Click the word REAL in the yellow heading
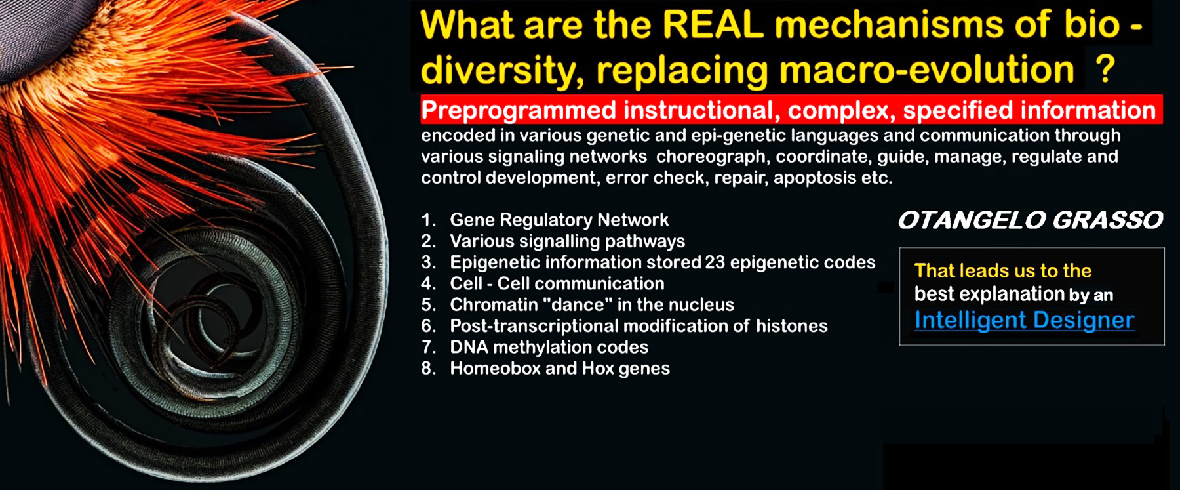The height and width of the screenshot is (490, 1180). click(x=713, y=25)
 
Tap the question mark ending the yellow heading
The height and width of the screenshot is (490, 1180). click(x=1105, y=68)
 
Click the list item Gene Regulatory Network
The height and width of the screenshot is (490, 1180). click(x=559, y=220)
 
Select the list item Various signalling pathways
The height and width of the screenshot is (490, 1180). click(x=567, y=242)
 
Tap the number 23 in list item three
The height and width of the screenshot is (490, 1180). click(x=715, y=262)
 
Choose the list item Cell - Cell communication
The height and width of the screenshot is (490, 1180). click(x=557, y=283)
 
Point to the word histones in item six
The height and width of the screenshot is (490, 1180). click(x=791, y=326)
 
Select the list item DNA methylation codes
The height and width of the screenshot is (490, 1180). click(x=549, y=347)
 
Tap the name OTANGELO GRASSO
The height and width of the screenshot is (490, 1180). click(x=1031, y=220)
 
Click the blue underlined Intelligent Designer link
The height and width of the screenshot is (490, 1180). click(x=1024, y=320)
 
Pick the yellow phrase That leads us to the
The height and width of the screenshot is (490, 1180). click(x=1002, y=270)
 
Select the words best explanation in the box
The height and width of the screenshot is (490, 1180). click(x=989, y=294)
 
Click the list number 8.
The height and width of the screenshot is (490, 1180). click(x=428, y=368)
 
